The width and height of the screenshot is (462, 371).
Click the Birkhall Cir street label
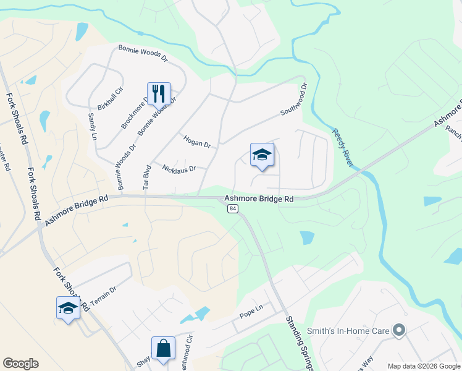click(x=111, y=98)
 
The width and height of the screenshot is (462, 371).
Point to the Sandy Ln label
click(x=93, y=126)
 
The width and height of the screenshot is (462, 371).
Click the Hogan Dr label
click(x=197, y=142)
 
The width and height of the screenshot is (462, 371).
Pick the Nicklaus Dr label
click(x=178, y=168)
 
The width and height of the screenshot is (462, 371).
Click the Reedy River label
click(x=343, y=148)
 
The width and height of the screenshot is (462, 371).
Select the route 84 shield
click(x=232, y=209)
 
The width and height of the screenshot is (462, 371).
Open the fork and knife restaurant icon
click(x=159, y=93)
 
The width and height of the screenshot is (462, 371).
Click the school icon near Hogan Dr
click(x=262, y=155)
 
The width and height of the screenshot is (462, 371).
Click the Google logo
click(x=20, y=364)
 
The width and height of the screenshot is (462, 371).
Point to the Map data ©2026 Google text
click(x=423, y=366)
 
